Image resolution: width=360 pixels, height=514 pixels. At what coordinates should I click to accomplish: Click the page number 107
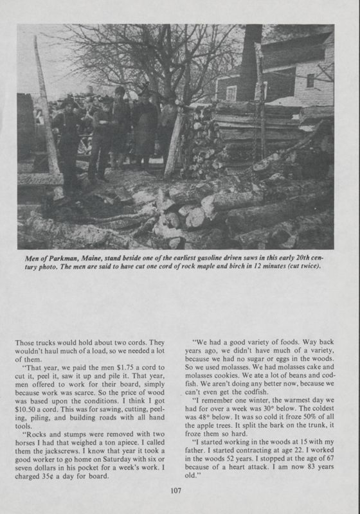click(179, 492)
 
